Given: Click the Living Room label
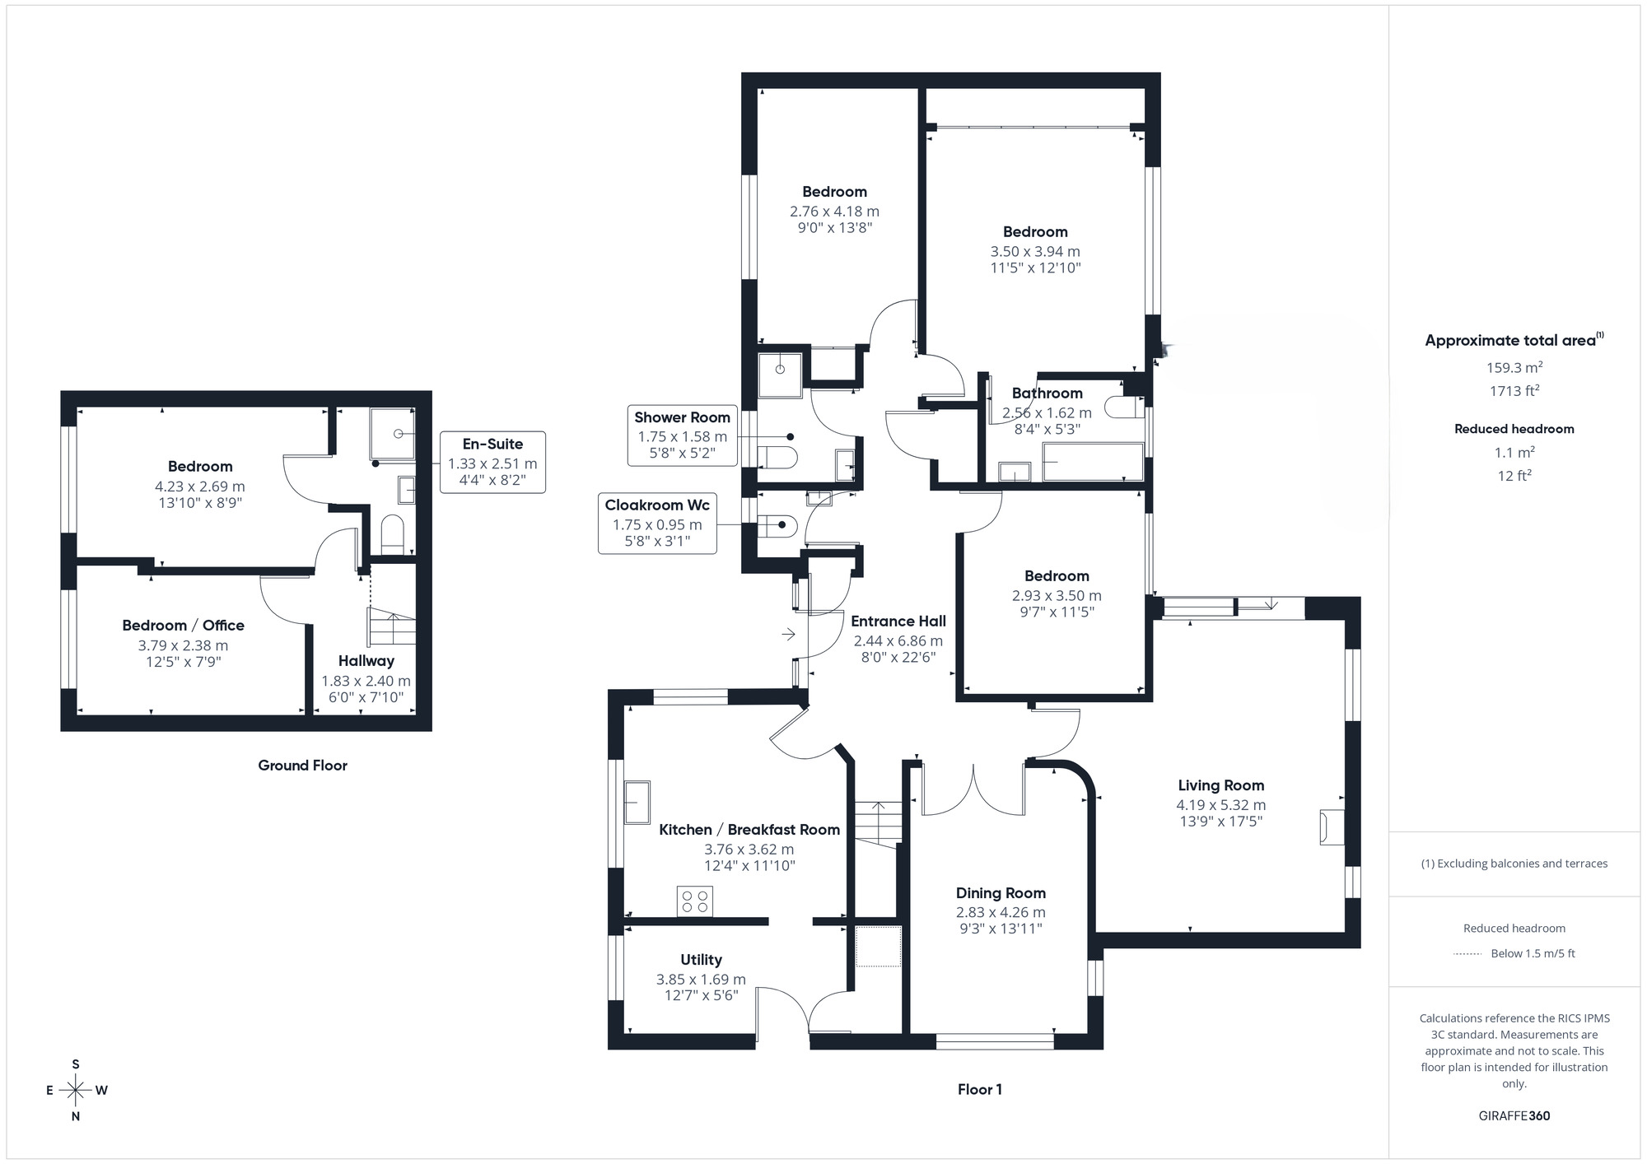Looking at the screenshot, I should [1220, 785].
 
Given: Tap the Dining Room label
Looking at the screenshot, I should [1001, 893].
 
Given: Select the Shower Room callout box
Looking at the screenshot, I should [682, 435].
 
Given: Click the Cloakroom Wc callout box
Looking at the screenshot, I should [657, 523].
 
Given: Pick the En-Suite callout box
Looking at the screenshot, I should [492, 462].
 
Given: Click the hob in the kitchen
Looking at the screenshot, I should [694, 901].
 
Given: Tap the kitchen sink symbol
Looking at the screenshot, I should [637, 803].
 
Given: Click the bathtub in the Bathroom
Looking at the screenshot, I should [1093, 462].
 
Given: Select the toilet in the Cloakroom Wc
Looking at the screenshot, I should [777, 524].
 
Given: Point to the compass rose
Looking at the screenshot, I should [76, 1091].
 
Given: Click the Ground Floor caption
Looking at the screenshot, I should [302, 766].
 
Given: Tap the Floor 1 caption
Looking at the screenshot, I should [979, 1090].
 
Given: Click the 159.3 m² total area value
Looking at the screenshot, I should [1514, 368].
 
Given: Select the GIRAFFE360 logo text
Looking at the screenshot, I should [1514, 1116].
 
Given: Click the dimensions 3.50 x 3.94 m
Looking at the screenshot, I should [1035, 252].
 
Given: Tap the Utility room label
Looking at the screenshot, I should [701, 960].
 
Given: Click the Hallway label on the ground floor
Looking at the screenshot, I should [366, 661].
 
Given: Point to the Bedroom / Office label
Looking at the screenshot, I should [183, 626].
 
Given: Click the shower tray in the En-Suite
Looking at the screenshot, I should [392, 433].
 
